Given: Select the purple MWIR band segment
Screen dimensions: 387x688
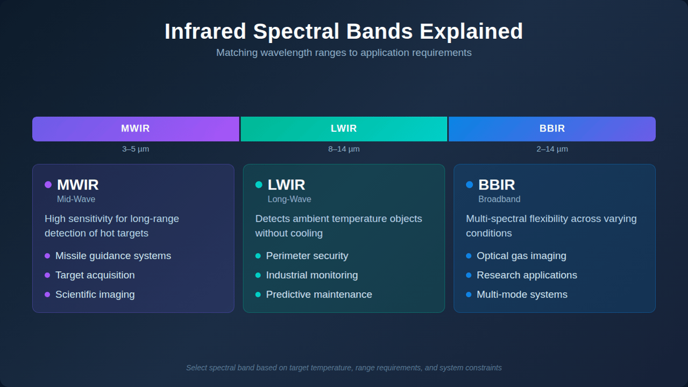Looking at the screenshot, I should click(136, 129).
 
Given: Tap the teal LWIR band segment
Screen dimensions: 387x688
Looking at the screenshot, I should click(344, 129).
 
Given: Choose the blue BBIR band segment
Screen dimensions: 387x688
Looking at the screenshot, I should click(552, 129).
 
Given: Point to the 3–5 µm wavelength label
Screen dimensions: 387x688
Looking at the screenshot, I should click(136, 149).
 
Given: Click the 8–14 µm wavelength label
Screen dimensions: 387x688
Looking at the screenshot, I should click(344, 149).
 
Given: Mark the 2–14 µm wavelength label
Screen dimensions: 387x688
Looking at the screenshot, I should click(552, 149).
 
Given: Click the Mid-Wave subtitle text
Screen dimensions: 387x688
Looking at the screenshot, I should click(76, 199).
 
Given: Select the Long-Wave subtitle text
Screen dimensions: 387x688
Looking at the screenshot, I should click(289, 199).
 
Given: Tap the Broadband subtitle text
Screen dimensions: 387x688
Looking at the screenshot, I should click(499, 199).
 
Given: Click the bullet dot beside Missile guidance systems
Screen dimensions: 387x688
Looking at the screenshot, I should click(47, 256).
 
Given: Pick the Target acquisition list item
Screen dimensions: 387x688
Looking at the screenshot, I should click(95, 275).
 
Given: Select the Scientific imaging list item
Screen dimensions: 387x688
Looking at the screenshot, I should click(95, 294).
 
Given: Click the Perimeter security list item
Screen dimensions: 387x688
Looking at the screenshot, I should click(307, 256).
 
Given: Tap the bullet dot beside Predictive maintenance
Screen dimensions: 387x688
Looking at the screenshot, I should click(258, 295).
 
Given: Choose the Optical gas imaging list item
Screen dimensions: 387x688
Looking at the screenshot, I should click(521, 256).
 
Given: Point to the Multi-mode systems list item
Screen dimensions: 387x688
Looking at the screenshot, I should click(522, 294).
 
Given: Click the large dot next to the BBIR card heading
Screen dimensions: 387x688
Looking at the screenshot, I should click(470, 185).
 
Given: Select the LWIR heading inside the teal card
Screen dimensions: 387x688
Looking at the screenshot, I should click(286, 185).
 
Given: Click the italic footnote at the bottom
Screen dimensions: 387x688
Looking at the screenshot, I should click(344, 368).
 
